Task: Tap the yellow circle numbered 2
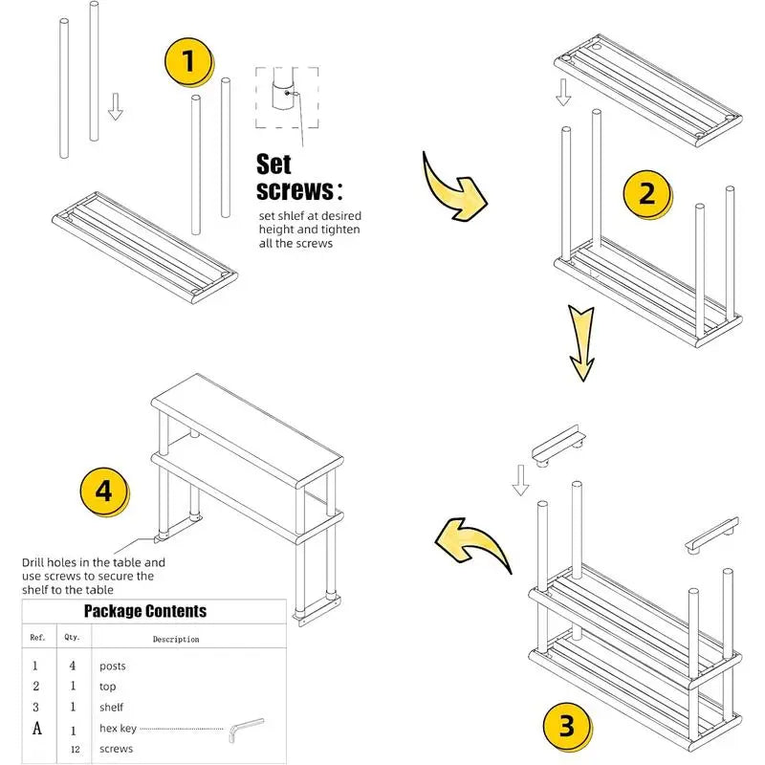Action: (x=646, y=193)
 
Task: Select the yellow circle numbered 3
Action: (x=567, y=728)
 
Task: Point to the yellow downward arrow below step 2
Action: (x=581, y=341)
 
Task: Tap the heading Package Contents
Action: (x=144, y=611)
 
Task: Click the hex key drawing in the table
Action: (x=247, y=732)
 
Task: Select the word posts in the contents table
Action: (x=112, y=666)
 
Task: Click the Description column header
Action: (x=176, y=639)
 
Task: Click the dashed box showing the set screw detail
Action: (x=286, y=98)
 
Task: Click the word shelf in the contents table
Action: (x=111, y=708)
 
